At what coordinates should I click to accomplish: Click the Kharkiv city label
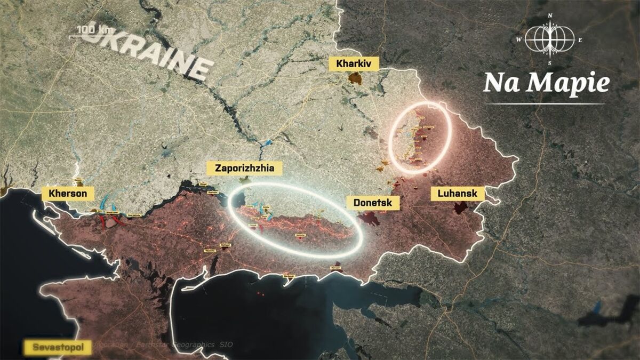pos(357,65)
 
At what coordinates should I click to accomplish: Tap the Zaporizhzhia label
pos(244,169)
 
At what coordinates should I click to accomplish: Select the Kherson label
pos(67,193)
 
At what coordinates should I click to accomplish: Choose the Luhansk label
pos(457,194)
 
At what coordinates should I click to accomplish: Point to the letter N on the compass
pos(550,15)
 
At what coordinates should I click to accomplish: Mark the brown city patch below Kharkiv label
pos(354,79)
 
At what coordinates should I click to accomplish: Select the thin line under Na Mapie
pos(545,103)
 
